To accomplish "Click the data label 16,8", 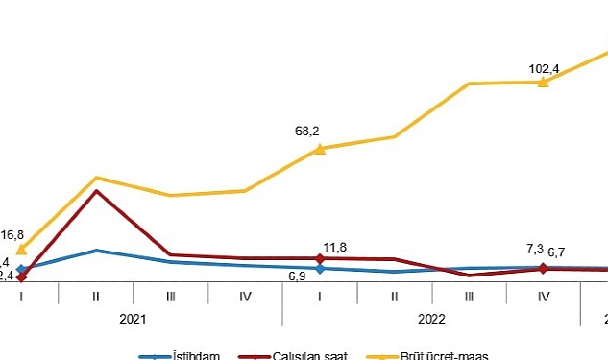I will pyautogui.click(x=12, y=233).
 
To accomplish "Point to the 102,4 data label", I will pyautogui.click(x=544, y=68).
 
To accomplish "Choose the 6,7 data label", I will pyautogui.click(x=557, y=252).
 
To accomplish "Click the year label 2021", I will pyautogui.click(x=133, y=318).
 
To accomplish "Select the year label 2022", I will pyautogui.click(x=431, y=318).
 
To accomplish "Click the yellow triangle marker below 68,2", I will pyautogui.click(x=320, y=149).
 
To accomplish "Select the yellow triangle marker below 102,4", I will pyautogui.click(x=544, y=82).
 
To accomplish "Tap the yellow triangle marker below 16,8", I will pyautogui.click(x=21, y=249).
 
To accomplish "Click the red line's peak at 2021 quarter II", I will pyautogui.click(x=96, y=190).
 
